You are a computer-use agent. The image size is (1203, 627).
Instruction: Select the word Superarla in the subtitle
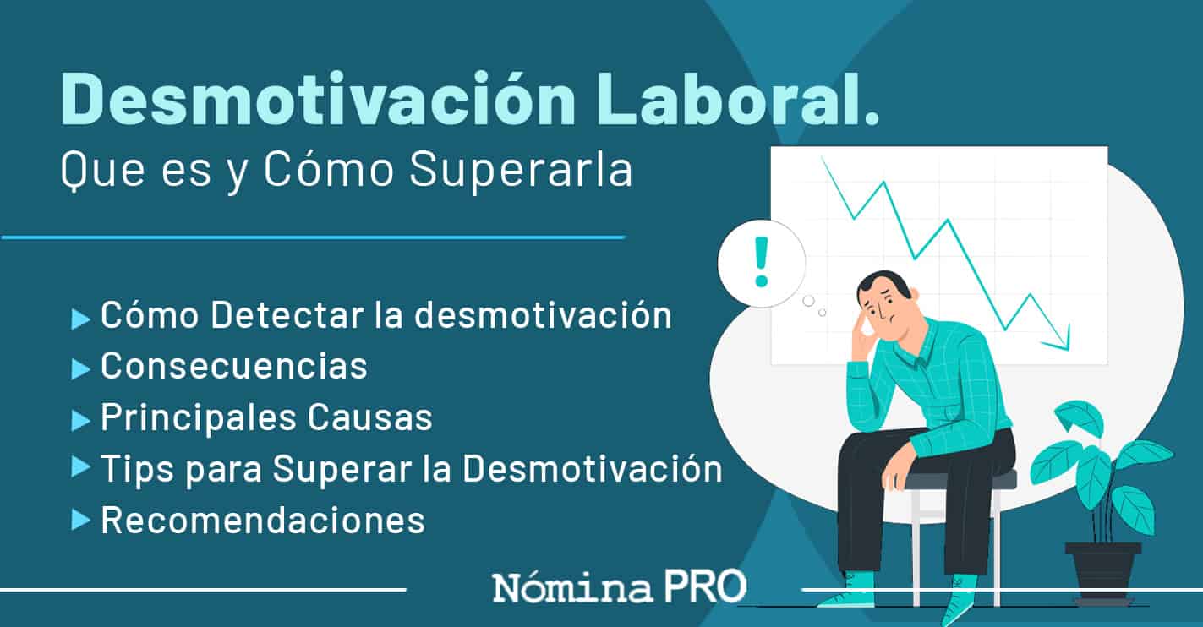[x=521, y=170]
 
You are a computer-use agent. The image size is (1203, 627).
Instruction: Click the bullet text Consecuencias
[x=234, y=366]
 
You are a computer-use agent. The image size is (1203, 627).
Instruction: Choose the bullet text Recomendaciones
[x=263, y=520]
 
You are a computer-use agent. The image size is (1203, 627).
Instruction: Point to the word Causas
[x=370, y=417]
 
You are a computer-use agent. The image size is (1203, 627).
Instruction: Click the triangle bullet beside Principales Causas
[x=80, y=420]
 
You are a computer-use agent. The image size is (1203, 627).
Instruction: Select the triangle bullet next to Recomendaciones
[x=80, y=521]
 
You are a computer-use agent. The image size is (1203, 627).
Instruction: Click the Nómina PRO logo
[x=620, y=586]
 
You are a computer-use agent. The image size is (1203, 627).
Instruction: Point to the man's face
[x=884, y=310]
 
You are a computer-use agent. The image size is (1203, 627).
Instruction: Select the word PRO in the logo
[x=705, y=586]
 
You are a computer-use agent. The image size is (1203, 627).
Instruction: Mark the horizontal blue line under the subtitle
[x=313, y=237]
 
